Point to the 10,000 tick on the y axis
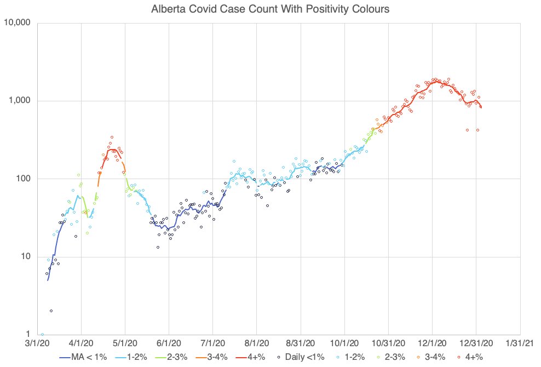[x=19, y=23]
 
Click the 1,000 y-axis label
[x=21, y=101]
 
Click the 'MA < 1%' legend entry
[x=83, y=357]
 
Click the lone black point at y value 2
[x=51, y=311]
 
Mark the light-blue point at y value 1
[x=42, y=334]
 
